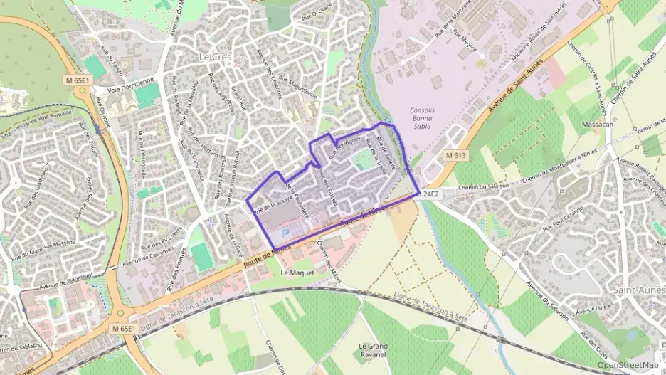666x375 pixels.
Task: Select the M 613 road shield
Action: [x=455, y=155]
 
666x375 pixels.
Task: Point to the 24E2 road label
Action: [x=430, y=193]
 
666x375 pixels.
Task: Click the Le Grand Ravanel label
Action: [x=372, y=349]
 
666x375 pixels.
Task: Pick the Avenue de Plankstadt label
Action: [x=68, y=280]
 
